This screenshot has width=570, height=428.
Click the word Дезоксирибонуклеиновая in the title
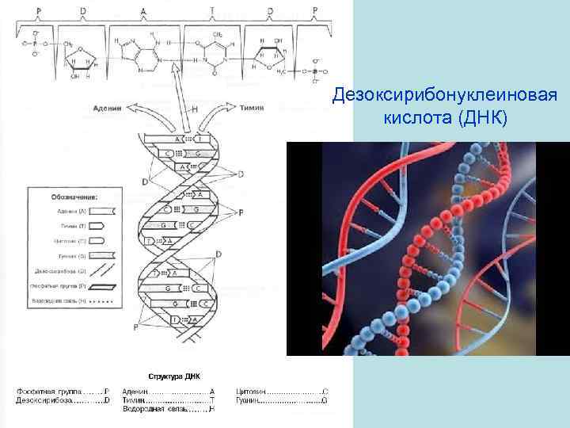[446, 95]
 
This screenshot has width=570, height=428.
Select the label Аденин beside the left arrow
[108, 108]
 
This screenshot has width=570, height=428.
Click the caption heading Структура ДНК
[174, 376]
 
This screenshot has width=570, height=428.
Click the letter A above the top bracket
[143, 10]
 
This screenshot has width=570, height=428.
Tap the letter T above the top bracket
[212, 10]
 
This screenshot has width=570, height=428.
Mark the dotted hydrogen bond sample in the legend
[104, 301]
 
